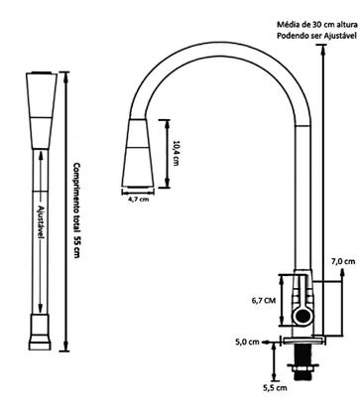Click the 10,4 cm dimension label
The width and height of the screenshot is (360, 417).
[177, 153]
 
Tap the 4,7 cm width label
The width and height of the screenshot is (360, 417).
[138, 199]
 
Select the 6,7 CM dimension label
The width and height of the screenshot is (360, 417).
[264, 301]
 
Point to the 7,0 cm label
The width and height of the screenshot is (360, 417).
[343, 261]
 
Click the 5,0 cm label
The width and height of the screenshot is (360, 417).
[247, 343]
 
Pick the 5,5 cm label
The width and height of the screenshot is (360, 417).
[275, 387]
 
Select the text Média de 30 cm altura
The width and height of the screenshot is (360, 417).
[317, 25]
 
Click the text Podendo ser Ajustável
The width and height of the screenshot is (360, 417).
[317, 36]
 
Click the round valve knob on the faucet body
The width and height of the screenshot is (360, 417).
[302, 317]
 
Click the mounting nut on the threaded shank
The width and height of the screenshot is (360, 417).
[302, 367]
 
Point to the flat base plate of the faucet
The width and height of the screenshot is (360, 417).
[302, 340]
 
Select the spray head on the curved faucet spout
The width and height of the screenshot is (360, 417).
[138, 153]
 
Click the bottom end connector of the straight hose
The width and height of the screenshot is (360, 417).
[40, 333]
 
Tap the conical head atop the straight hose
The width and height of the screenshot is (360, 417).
[42, 110]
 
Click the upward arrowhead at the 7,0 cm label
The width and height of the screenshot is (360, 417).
[343, 272]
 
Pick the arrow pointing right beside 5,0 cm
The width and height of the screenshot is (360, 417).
[266, 343]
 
